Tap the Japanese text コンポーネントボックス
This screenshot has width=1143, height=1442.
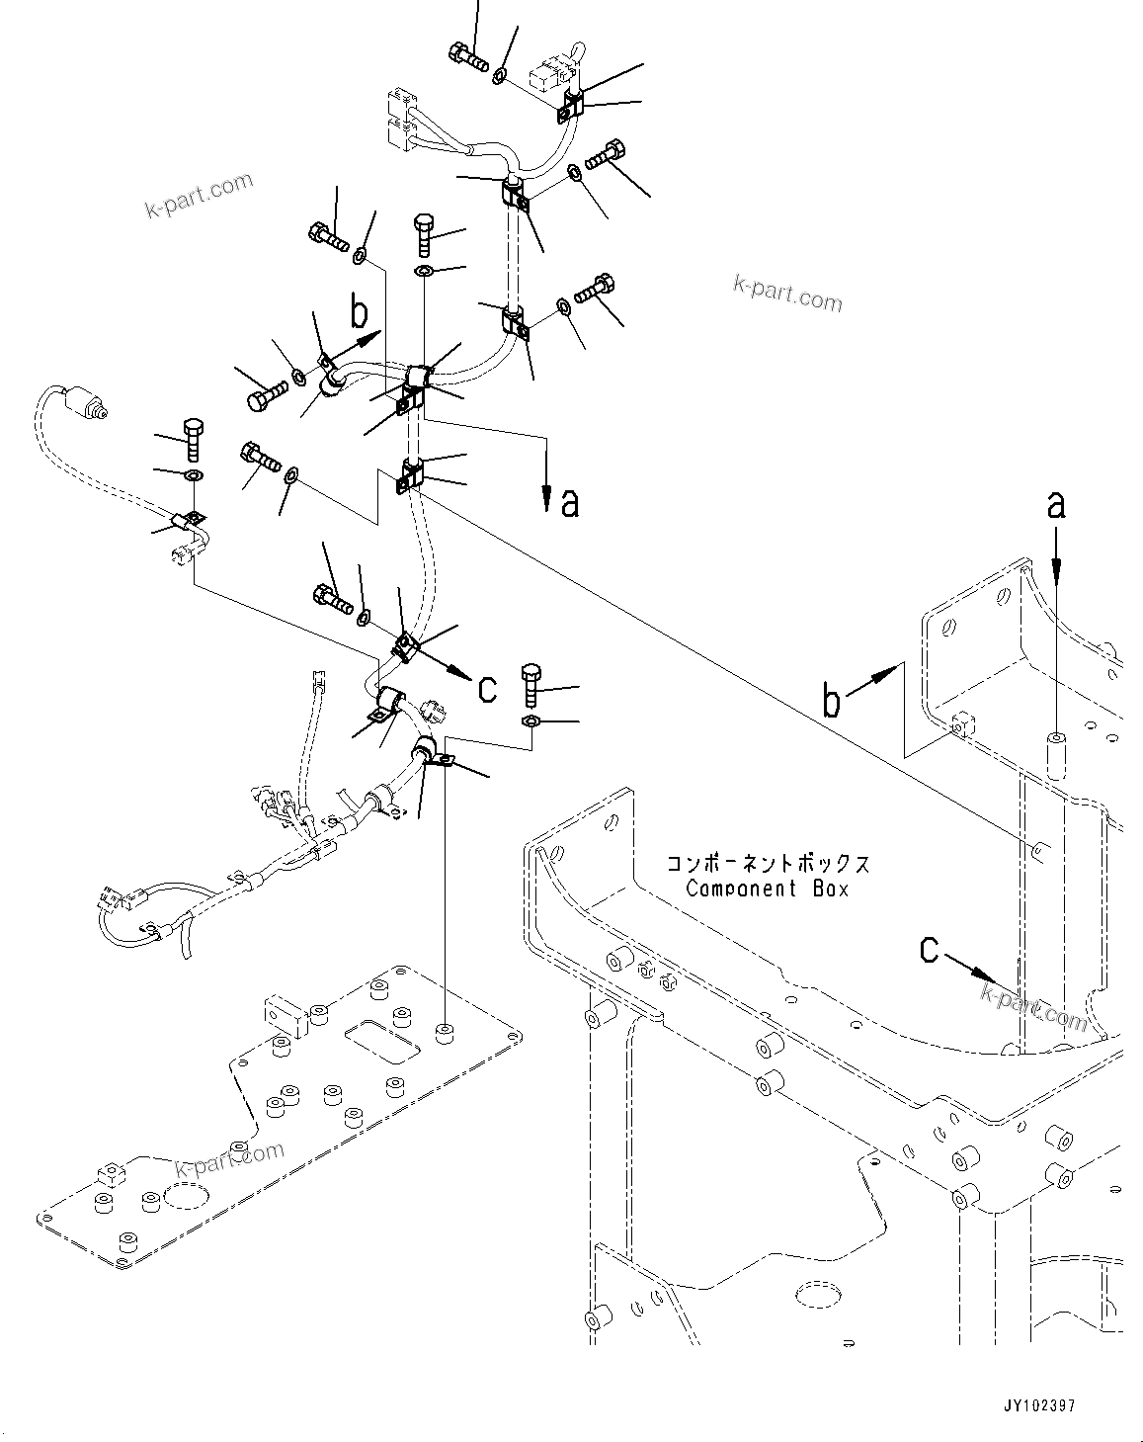768,863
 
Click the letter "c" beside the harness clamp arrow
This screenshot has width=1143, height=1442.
487,688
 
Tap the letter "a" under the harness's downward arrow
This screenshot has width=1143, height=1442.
570,504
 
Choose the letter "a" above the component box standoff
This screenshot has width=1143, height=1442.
1056,505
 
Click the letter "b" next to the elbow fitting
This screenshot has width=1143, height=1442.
360,313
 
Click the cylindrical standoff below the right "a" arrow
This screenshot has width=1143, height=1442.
1056,755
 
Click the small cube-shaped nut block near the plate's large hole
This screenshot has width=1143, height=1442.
111,1175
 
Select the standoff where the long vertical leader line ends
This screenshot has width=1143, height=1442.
444,1035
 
